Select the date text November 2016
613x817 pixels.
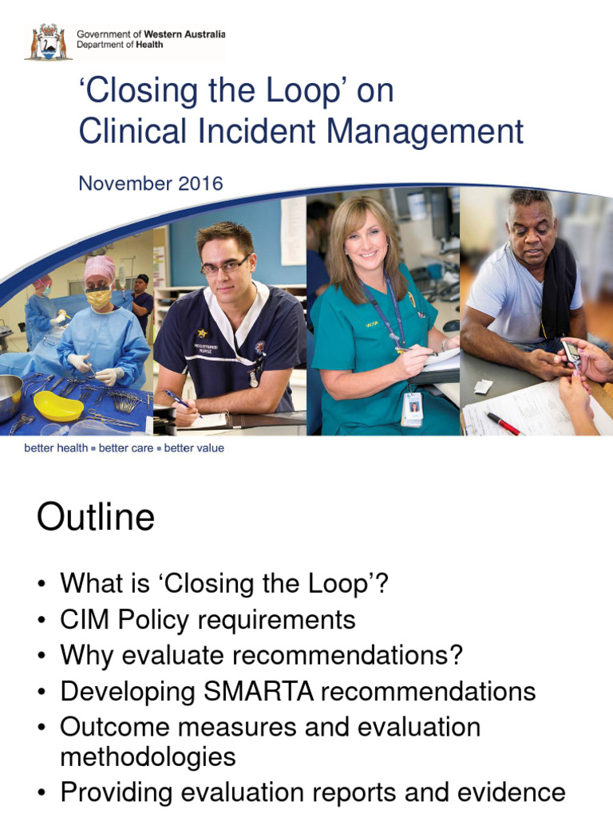[x=150, y=184]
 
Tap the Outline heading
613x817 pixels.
[x=96, y=519]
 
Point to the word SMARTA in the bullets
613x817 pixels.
[x=249, y=691]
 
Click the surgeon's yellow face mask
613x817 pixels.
[x=99, y=299]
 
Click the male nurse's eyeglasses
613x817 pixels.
[x=226, y=267]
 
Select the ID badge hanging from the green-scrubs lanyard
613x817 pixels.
[x=412, y=408]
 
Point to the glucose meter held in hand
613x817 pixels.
[x=571, y=352]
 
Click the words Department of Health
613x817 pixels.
[x=120, y=45]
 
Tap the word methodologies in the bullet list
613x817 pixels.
[x=148, y=756]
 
